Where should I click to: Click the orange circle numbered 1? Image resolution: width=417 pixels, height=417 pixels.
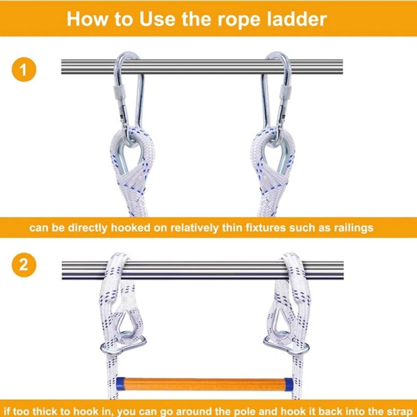point(24,69)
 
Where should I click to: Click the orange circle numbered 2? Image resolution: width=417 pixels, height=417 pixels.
point(24,265)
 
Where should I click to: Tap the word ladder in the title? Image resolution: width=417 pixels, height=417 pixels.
point(297,19)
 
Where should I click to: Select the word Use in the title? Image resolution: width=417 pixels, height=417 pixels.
point(157,19)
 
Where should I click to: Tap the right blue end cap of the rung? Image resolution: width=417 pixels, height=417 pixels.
point(289,384)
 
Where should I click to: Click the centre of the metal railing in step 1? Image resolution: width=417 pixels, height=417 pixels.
point(202,67)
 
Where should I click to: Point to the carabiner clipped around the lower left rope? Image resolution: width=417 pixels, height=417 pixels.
point(123,346)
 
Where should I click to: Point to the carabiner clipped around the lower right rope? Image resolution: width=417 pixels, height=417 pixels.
point(286,345)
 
